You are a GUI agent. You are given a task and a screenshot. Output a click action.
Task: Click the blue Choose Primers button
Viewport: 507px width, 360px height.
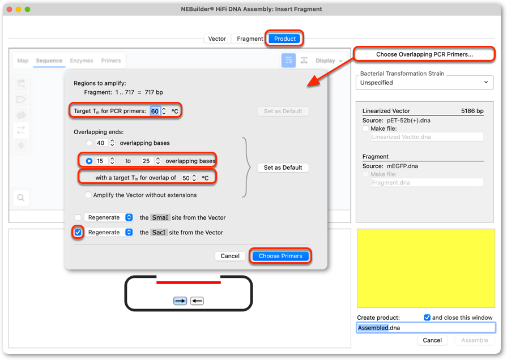(x=280, y=256)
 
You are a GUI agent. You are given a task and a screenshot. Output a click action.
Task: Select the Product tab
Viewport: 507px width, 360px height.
(x=284, y=39)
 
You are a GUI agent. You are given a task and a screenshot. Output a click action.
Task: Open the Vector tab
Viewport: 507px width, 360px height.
(x=217, y=39)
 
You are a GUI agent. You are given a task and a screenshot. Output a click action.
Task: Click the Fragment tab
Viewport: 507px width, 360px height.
(x=250, y=39)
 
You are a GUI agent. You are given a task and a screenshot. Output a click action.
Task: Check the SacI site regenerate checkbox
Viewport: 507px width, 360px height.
(x=78, y=232)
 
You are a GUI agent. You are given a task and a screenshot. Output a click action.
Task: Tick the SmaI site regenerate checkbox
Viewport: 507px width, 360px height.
(x=78, y=217)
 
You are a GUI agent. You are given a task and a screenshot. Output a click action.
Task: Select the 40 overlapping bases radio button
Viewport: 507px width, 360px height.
(x=89, y=143)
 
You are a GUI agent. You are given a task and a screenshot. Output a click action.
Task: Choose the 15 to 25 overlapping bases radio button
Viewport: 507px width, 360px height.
(x=89, y=161)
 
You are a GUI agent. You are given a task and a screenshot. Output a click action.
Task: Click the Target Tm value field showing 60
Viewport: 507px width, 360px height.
(x=155, y=111)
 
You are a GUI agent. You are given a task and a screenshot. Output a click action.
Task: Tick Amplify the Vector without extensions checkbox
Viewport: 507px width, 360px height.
(x=88, y=195)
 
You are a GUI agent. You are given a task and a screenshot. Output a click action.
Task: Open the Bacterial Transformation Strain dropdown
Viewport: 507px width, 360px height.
(x=424, y=83)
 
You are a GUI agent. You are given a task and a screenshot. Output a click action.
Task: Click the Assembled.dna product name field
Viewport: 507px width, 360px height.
(x=426, y=328)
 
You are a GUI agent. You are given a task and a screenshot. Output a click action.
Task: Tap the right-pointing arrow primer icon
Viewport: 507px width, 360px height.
(x=180, y=301)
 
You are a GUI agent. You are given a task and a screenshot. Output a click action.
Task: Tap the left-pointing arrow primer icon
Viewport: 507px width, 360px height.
(x=197, y=301)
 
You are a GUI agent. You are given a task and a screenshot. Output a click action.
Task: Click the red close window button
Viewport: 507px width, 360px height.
(x=10, y=10)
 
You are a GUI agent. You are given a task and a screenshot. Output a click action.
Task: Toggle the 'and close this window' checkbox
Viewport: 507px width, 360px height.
(x=427, y=318)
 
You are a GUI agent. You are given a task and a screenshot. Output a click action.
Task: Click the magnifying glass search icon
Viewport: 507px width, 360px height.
(x=21, y=198)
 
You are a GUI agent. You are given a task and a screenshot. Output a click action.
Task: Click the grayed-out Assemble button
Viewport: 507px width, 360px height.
(x=474, y=340)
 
